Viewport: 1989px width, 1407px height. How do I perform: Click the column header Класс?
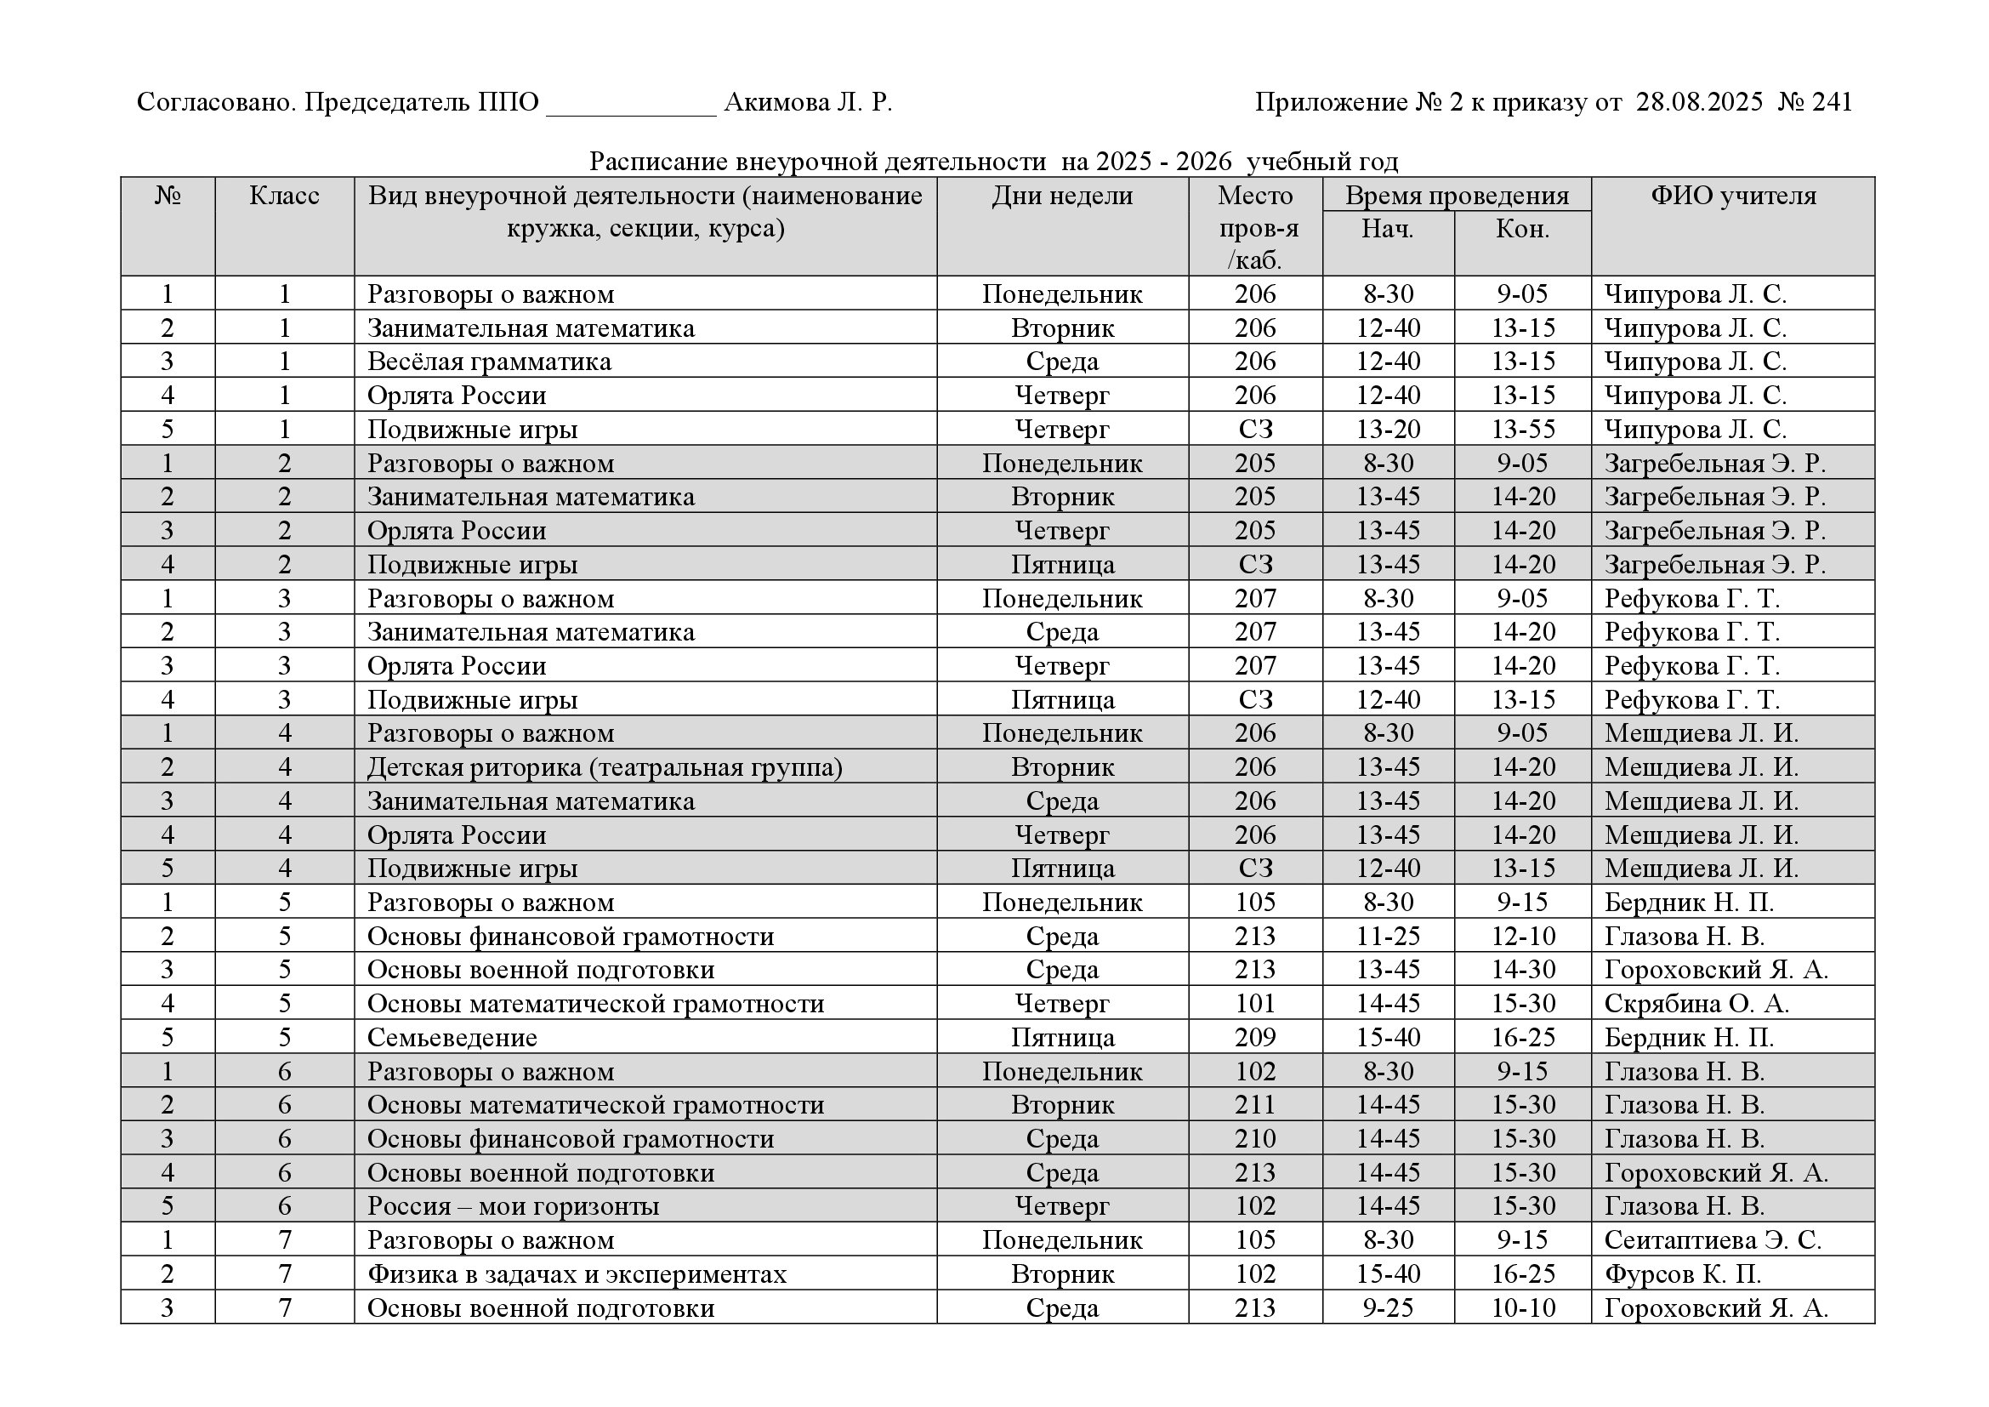(284, 196)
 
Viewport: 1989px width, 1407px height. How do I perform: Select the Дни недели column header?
(1062, 196)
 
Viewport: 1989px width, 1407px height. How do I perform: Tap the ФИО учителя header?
(1732, 196)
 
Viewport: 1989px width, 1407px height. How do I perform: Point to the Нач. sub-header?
(1388, 230)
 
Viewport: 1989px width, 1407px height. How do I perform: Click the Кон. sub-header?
(1522, 230)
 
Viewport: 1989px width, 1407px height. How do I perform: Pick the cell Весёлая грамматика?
(490, 362)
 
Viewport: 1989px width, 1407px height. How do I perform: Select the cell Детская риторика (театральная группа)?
(605, 767)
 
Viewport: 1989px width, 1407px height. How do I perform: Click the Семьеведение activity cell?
(452, 1038)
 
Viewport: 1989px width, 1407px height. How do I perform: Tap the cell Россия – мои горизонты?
(513, 1207)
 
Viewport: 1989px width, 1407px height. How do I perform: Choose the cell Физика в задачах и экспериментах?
(577, 1274)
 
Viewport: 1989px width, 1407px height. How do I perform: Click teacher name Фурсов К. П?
(1682, 1274)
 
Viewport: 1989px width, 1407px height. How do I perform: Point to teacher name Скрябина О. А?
(1696, 1004)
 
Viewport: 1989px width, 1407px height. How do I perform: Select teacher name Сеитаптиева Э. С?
(1713, 1240)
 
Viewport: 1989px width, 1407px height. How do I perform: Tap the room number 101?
(1255, 1004)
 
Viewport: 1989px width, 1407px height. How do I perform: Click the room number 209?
(1255, 1038)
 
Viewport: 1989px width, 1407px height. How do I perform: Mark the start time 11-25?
(1388, 937)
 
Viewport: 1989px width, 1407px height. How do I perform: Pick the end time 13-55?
(1523, 430)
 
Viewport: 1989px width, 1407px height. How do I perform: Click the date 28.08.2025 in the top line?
(1699, 103)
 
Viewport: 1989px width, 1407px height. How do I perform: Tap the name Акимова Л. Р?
(807, 103)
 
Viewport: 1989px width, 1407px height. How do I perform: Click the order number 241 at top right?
(1832, 103)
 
